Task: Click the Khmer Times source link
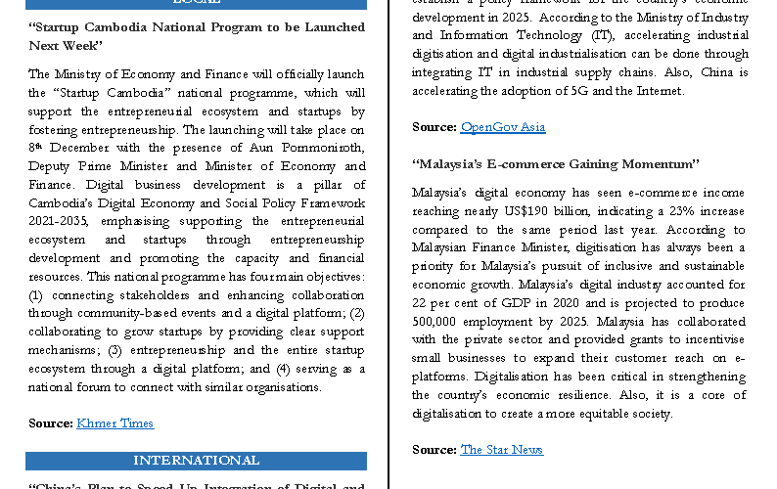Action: [x=114, y=423]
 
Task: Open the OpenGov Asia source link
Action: [x=502, y=127]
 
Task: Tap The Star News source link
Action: [x=501, y=450]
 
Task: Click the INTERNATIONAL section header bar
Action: [x=196, y=461]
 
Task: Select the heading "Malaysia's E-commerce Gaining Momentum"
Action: [x=556, y=163]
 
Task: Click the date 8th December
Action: [x=63, y=148]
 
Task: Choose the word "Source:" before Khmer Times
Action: [x=51, y=423]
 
